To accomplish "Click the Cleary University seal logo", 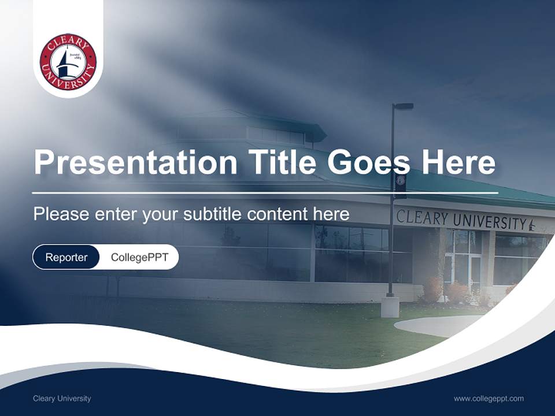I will [68, 62].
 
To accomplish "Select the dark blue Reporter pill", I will [66, 257].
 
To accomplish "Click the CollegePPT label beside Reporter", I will [139, 257].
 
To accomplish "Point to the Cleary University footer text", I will [62, 398].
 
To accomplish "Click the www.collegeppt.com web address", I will [489, 398].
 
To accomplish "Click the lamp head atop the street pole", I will [404, 106].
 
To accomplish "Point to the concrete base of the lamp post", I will [390, 307].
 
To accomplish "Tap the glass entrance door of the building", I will [475, 272].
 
